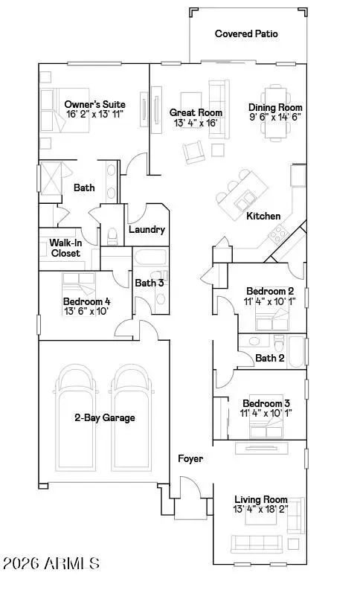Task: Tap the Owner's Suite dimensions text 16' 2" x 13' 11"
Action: tap(94, 115)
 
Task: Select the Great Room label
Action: tap(196, 112)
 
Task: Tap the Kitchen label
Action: tap(264, 217)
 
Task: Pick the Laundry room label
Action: tap(147, 230)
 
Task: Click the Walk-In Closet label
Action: tap(65, 248)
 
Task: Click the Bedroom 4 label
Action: tap(86, 301)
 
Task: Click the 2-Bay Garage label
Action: tap(105, 418)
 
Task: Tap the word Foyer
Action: tap(190, 459)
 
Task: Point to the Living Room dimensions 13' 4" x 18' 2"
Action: tap(261, 510)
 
